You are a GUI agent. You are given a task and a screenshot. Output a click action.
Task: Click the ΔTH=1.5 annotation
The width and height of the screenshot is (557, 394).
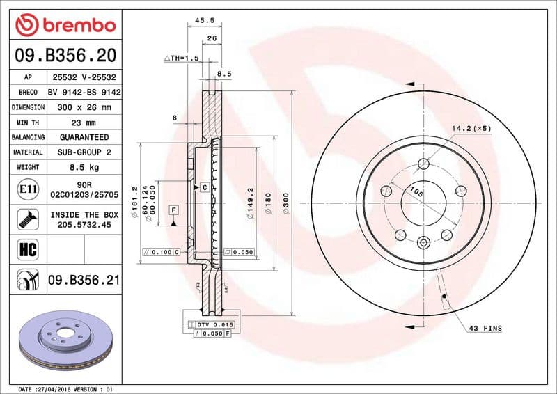182,58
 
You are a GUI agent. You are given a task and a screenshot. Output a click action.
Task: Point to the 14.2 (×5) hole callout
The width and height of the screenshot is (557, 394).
471,128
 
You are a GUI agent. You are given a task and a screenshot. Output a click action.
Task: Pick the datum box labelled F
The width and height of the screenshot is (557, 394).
173,209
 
